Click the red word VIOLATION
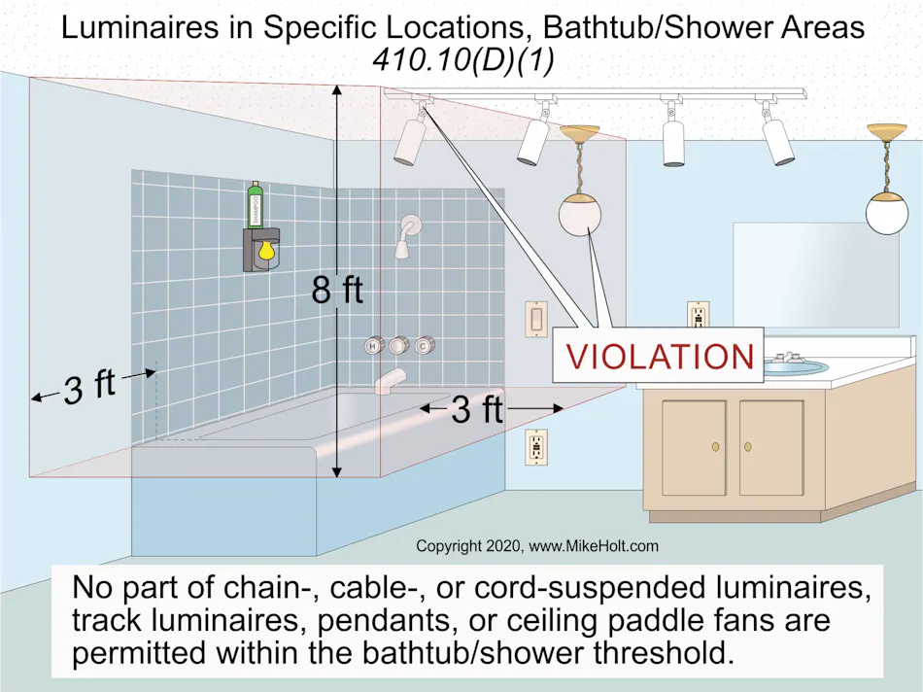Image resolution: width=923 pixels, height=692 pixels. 660,356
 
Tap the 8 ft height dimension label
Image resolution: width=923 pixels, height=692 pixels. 337,290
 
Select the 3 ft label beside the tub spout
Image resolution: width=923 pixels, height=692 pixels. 477,409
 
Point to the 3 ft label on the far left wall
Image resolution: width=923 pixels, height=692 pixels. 89,388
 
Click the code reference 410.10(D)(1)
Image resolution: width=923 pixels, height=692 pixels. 461,59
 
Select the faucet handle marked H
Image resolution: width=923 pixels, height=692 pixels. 373,345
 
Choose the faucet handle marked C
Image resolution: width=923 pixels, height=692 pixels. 424,345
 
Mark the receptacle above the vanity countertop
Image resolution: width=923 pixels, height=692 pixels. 698,314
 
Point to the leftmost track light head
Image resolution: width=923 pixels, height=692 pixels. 408,139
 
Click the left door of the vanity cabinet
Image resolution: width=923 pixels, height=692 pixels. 694,446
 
